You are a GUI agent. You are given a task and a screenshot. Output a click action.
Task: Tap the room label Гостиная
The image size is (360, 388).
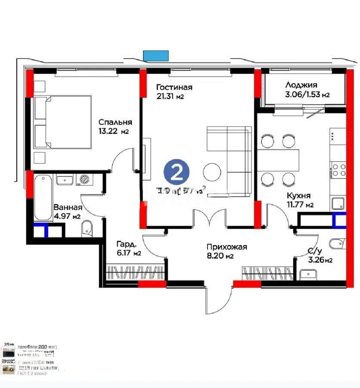[x=174, y=88]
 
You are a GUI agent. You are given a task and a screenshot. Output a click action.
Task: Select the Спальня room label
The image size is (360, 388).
[x=115, y=122]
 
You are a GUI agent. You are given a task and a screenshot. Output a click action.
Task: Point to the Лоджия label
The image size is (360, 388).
[x=301, y=85]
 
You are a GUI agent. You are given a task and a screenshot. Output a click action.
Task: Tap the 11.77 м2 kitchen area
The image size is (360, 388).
[x=300, y=205]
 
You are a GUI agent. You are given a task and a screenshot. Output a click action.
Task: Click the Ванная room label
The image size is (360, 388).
[x=68, y=207]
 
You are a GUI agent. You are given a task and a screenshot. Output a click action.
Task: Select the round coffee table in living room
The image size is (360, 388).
[x=213, y=171]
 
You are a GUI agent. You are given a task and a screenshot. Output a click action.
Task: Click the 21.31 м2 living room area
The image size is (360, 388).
[x=170, y=97]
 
